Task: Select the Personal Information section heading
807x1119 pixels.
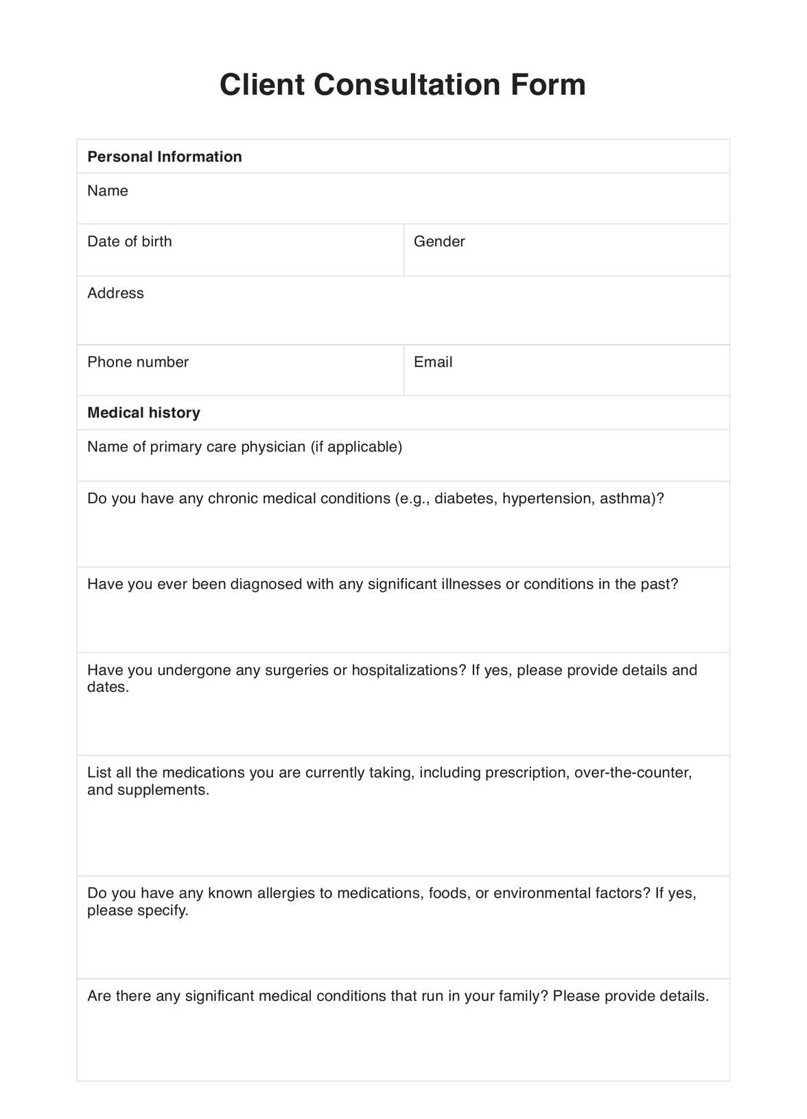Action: tap(165, 157)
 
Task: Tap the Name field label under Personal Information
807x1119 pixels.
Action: tap(108, 191)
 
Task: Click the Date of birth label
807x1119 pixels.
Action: tap(130, 242)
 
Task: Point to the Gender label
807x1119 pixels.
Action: tap(439, 242)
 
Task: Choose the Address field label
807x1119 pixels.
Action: tap(115, 293)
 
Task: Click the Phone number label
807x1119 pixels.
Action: tap(138, 362)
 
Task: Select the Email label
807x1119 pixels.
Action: tap(433, 362)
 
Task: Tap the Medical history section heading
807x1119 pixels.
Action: tap(144, 413)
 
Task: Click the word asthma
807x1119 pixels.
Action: tap(627, 498)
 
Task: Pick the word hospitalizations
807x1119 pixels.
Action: tap(408, 670)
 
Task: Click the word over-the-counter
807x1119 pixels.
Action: tap(632, 773)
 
